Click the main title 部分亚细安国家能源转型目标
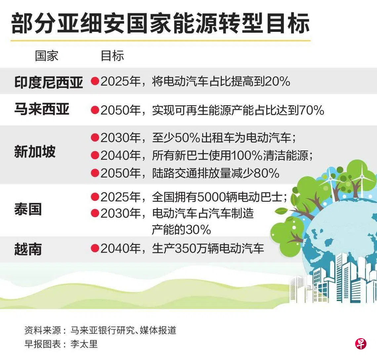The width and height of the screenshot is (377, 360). (160, 23)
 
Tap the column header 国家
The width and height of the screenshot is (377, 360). (47, 56)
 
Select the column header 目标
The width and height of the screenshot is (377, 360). (112, 56)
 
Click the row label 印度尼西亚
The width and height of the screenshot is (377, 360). (49, 82)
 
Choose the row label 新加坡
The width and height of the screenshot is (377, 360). (35, 152)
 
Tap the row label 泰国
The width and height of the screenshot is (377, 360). (28, 209)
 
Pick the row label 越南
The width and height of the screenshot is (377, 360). (28, 249)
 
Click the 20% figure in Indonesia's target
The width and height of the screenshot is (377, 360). (277, 81)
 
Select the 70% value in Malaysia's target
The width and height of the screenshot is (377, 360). (312, 110)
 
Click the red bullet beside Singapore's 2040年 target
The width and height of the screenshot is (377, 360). (95, 156)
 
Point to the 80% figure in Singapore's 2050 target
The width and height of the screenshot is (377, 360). (267, 173)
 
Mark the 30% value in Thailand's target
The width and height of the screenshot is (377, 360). (198, 230)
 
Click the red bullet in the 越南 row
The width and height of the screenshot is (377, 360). (95, 248)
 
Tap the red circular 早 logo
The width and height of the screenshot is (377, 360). (361, 344)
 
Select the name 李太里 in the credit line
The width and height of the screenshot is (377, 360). (84, 344)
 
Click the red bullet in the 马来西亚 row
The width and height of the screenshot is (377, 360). (95, 110)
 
